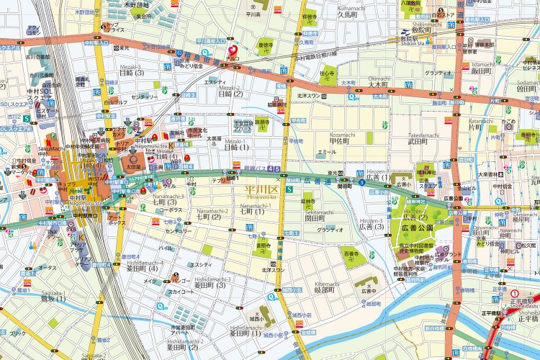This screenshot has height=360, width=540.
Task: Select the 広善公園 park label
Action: click(414, 228)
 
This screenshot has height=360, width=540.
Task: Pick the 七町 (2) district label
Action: click(208, 217)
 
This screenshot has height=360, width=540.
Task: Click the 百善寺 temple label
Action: click(351, 254)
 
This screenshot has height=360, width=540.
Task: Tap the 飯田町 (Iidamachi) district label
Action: click(500, 71)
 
